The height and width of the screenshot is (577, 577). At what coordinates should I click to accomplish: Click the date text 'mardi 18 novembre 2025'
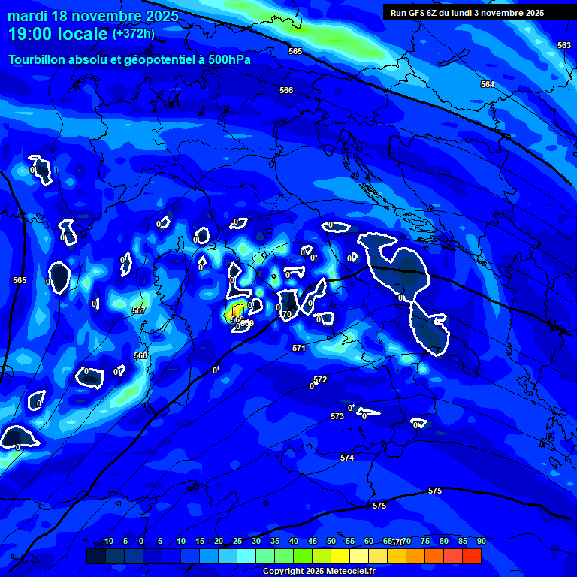click(93, 16)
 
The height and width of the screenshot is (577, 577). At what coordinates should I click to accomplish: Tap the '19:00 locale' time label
click(57, 34)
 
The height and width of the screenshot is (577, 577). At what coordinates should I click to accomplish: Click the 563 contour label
click(564, 45)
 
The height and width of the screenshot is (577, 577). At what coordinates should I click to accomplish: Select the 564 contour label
click(488, 84)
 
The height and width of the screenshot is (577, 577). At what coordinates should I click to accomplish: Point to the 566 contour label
click(286, 90)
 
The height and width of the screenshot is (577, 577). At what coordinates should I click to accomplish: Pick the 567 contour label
click(139, 310)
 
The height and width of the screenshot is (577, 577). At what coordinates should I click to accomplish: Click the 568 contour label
click(140, 355)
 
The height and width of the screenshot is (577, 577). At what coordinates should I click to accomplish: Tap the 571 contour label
click(299, 348)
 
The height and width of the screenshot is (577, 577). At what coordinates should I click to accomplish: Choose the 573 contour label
click(337, 416)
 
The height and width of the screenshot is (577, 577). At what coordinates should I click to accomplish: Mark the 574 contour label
click(346, 458)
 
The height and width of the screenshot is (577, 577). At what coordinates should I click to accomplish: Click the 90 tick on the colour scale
click(481, 541)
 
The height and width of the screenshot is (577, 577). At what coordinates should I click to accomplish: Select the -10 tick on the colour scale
click(107, 541)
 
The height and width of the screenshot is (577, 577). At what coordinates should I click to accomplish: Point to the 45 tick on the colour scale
click(312, 541)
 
